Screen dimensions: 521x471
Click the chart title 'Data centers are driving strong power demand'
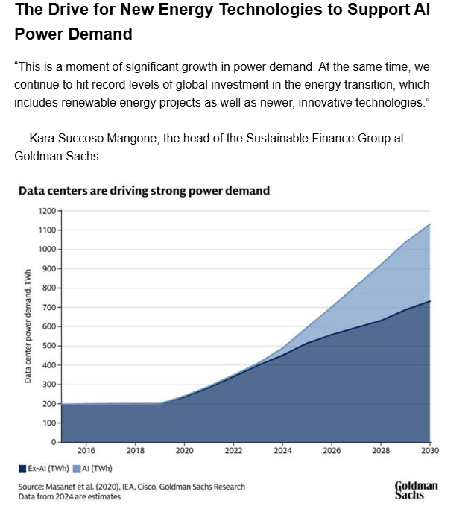pyautogui.click(x=144, y=191)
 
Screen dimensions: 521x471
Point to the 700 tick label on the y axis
pyautogui.click(x=48, y=307)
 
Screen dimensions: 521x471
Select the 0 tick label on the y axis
pyautogui.click(x=53, y=442)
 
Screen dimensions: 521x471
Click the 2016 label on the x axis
pyautogui.click(x=86, y=451)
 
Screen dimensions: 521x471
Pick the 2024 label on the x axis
pyautogui.click(x=283, y=451)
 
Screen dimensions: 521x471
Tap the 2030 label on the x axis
pyautogui.click(x=430, y=451)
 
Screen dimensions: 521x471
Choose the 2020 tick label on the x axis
pyautogui.click(x=185, y=451)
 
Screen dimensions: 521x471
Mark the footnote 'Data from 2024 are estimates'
pyautogui.click(x=69, y=496)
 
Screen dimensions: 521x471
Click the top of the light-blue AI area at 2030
pyautogui.click(x=430, y=224)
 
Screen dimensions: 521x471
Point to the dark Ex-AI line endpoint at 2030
pyautogui.click(x=430, y=301)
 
